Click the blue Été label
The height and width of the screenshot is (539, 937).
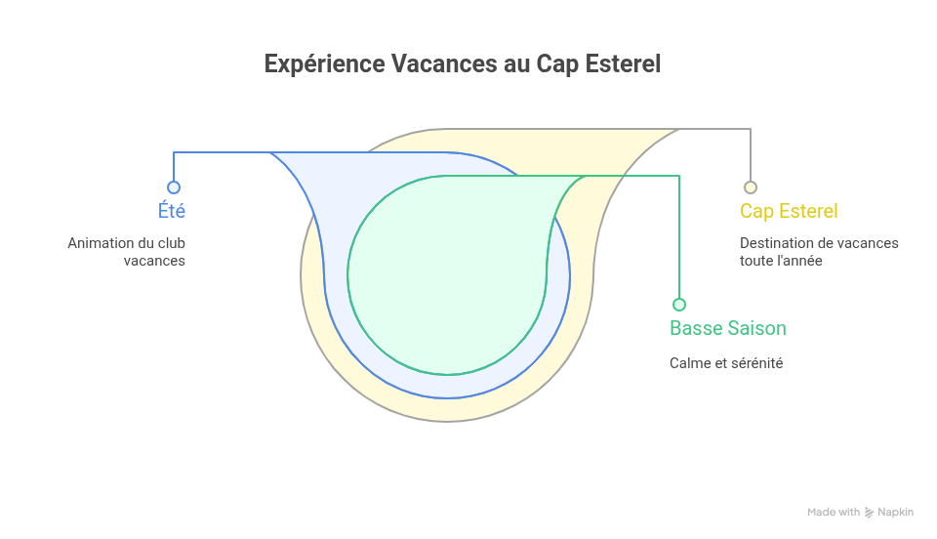pos(172,211)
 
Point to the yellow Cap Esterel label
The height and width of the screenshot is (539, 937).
pos(789,211)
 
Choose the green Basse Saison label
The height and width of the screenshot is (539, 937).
pos(727,328)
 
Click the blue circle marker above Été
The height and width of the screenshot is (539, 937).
pos(174,187)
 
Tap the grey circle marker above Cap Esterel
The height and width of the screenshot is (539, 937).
pos(751,187)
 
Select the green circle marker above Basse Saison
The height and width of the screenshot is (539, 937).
pos(679,305)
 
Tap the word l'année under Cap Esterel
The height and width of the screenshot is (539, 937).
pos(797,261)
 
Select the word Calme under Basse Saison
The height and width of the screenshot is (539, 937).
pos(690,363)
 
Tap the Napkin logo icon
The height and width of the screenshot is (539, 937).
pos(869,513)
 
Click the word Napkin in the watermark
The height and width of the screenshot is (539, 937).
pos(895,513)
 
